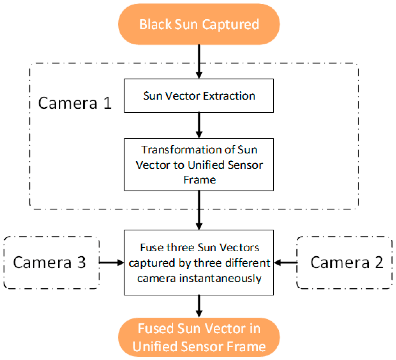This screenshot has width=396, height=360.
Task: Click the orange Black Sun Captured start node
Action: click(199, 24)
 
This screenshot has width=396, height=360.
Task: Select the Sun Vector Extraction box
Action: click(199, 96)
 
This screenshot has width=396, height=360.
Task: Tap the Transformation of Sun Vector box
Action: click(199, 164)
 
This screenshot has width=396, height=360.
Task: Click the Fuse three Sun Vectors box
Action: click(199, 263)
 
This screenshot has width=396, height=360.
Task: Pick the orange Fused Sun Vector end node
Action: click(199, 337)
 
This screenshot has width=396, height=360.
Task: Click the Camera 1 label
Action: click(75, 103)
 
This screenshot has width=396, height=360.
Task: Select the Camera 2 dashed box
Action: click(344, 263)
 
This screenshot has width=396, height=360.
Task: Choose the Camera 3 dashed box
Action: click(51, 263)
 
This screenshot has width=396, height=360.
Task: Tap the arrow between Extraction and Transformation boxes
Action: click(199, 125)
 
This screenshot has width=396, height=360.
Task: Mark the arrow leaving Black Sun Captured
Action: click(199, 62)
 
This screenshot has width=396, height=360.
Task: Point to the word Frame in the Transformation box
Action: click(199, 180)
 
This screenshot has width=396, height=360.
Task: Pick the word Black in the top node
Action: click(155, 24)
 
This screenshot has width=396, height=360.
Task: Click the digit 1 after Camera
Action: click(107, 103)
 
